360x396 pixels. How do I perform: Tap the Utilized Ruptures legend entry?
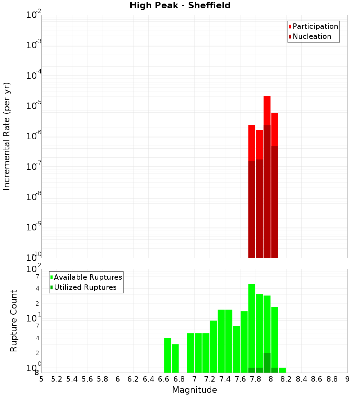[x=85, y=287]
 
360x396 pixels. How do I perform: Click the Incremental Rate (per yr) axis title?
[x=7, y=136]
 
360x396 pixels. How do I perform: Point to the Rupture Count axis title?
[x=14, y=321]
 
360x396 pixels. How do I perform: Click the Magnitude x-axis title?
[x=194, y=390]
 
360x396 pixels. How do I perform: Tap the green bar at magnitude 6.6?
[x=167, y=355]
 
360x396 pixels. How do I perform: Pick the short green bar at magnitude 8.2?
[x=282, y=370]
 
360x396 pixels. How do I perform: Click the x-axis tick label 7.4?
[x=225, y=379]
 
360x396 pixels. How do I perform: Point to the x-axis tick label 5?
[x=41, y=379]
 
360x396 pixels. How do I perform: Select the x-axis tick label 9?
[x=347, y=379]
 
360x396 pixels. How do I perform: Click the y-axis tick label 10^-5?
[x=34, y=106]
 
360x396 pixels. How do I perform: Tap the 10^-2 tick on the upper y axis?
[x=34, y=15]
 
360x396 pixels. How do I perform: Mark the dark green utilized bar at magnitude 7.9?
[x=267, y=363]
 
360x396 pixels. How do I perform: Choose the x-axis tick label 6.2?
[x=133, y=379]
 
